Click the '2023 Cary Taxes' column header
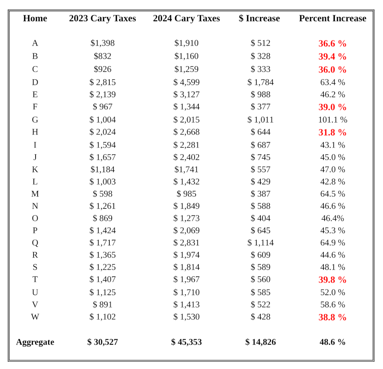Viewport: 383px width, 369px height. (x=102, y=18)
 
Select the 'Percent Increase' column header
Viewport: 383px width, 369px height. (x=333, y=18)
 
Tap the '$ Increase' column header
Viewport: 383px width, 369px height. (x=259, y=18)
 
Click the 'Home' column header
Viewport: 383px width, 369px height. (x=35, y=18)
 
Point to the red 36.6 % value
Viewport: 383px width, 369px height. (x=332, y=44)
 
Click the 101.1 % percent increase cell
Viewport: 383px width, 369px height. (x=333, y=120)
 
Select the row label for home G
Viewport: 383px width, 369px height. (x=35, y=120)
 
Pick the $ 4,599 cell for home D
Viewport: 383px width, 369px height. (x=186, y=82)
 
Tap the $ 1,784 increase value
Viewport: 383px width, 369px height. (x=260, y=82)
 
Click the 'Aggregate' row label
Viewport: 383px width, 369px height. (x=35, y=342)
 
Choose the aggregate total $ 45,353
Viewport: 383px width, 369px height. (x=186, y=342)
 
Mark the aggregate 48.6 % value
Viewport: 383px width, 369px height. (x=332, y=342)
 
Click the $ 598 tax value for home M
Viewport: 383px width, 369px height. (x=102, y=194)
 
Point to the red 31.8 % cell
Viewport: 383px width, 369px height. (x=332, y=132)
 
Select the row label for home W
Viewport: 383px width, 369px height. (x=35, y=317)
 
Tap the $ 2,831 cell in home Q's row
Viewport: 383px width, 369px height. (x=186, y=243)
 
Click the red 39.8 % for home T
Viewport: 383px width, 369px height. (x=332, y=280)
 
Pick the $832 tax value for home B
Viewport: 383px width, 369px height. (x=102, y=56)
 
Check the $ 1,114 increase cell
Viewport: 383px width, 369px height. (x=260, y=243)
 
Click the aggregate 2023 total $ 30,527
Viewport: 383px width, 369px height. (x=102, y=342)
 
